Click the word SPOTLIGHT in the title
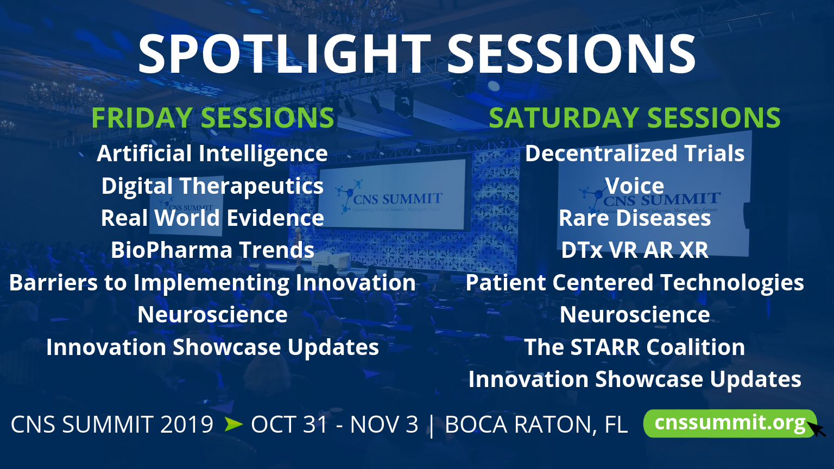click(x=285, y=54)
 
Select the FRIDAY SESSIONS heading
click(x=213, y=118)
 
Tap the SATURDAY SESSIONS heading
click(x=634, y=118)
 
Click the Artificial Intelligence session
click(x=212, y=154)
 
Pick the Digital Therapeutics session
click(x=212, y=186)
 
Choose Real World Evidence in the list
click(x=212, y=218)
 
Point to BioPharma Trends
click(x=212, y=250)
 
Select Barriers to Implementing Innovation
click(x=212, y=282)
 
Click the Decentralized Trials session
click(x=634, y=154)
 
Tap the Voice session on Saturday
click(x=634, y=185)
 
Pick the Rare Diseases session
click(x=634, y=218)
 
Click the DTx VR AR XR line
click(x=634, y=250)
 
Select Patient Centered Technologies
click(x=634, y=282)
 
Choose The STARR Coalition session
click(x=634, y=347)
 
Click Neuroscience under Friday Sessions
click(x=212, y=314)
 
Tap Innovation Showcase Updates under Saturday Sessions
click(x=634, y=379)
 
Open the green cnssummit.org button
click(x=730, y=423)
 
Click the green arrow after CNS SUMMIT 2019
click(x=233, y=424)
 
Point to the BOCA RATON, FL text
click(x=536, y=424)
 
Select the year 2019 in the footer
click(x=187, y=424)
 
